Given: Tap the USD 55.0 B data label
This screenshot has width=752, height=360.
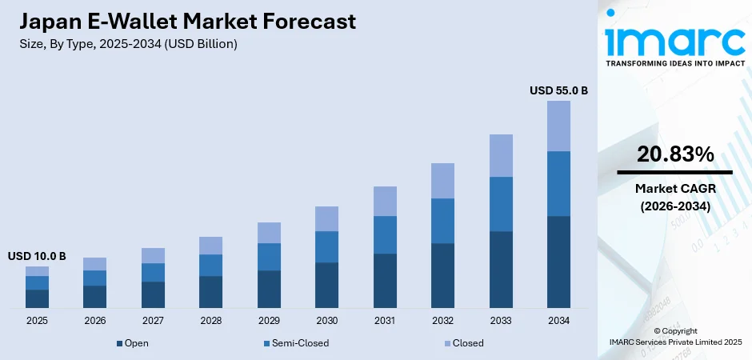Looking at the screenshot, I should pos(558,91).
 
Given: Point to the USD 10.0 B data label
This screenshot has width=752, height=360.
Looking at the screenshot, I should pos(37,257).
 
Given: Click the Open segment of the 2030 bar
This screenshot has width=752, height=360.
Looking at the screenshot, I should pos(326,285).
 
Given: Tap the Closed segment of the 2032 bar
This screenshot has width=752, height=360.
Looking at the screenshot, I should pos(442,181).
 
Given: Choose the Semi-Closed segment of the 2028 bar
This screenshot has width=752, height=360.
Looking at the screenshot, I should pos(210,265).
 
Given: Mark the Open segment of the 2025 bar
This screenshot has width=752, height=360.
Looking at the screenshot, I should pos(37,298).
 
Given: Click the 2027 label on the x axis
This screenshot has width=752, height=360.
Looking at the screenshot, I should pos(153,321).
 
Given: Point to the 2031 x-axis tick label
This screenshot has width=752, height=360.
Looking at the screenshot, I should pos(385,321).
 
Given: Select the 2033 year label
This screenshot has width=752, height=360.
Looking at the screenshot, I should pos(501,321).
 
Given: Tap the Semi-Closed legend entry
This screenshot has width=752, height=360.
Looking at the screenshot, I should pos(295,343).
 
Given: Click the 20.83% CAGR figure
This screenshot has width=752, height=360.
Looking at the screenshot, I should pos(674,155).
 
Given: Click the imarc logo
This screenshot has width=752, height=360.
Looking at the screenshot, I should pos(674,38).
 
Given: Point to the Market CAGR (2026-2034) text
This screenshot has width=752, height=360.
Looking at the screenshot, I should pos(674,197).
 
